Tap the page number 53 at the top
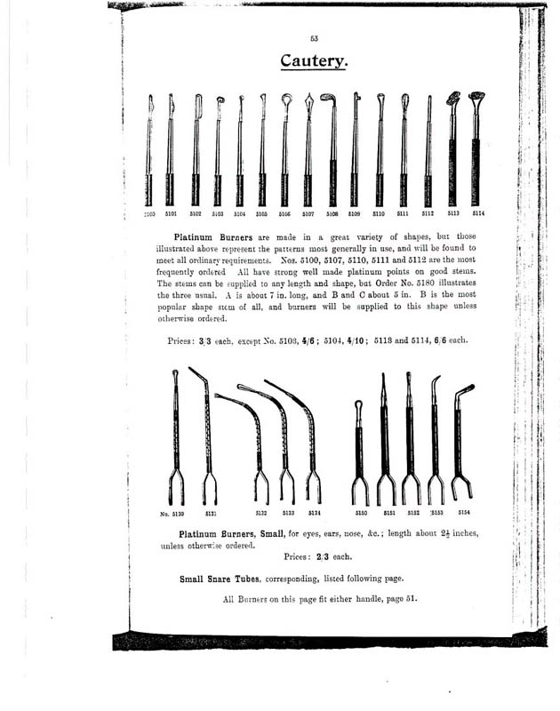315,37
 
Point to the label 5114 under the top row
477,214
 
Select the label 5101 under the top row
171,214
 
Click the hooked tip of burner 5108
329,100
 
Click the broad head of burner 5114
476,97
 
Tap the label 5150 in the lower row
362,513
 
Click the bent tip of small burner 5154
466,389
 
